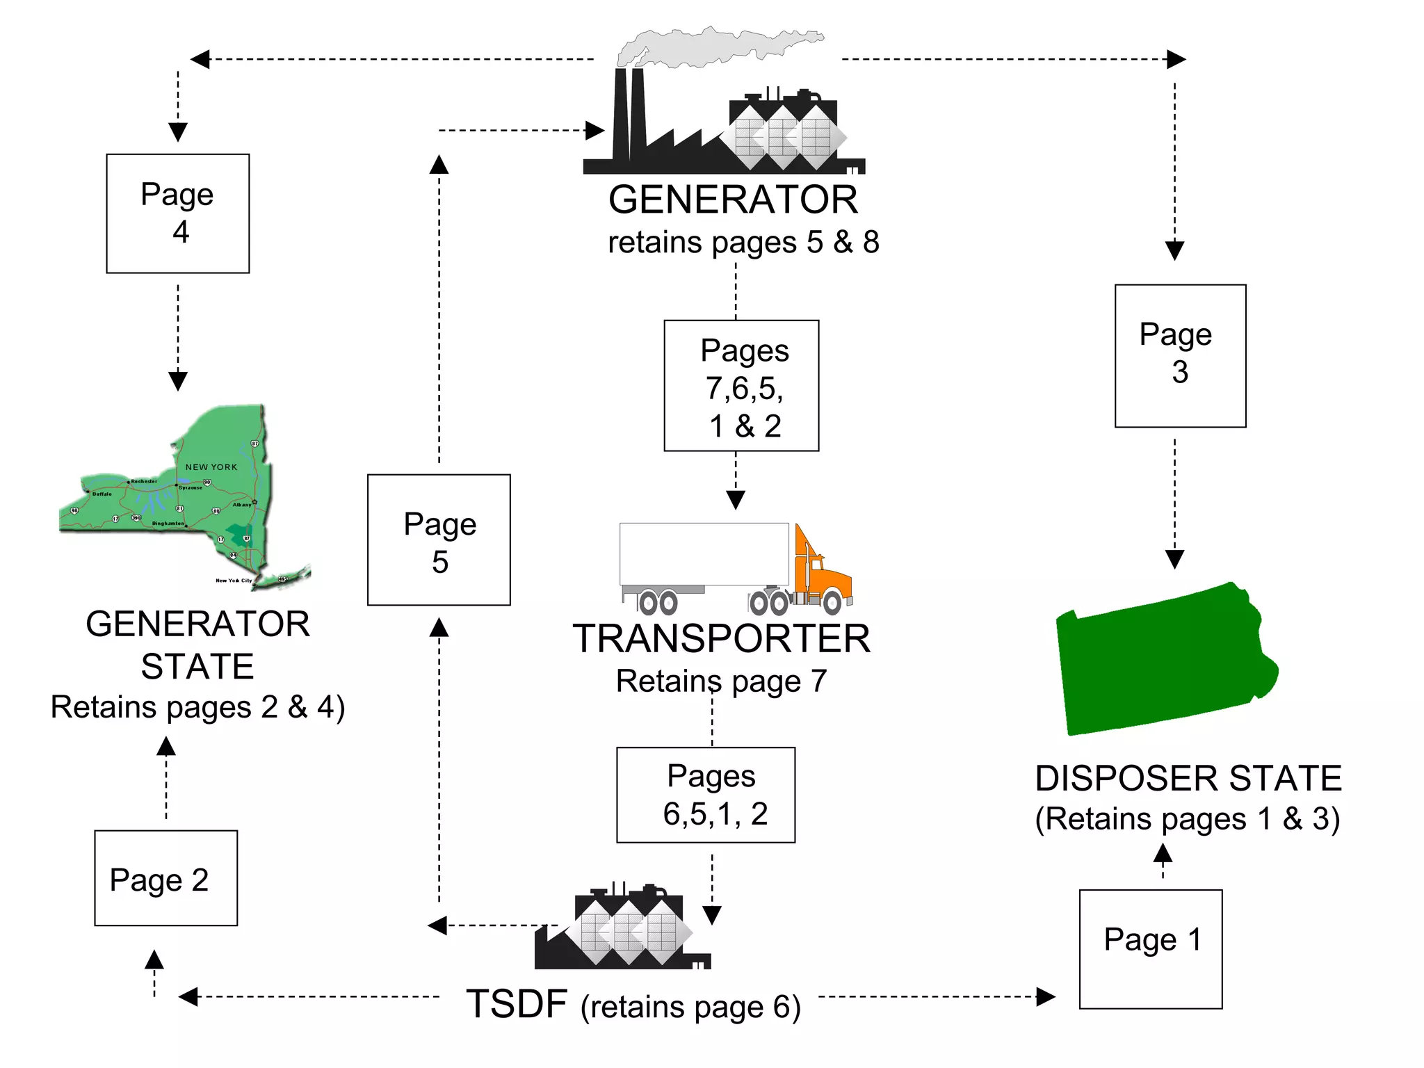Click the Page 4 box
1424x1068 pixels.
[x=177, y=213]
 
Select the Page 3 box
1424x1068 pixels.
[x=1180, y=355]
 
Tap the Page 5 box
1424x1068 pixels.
[x=439, y=540]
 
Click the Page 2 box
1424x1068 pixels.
[x=165, y=877]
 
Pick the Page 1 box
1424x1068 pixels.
[x=1150, y=948]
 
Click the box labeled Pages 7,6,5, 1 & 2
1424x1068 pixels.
[x=741, y=386]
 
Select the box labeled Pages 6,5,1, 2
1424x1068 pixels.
[x=706, y=795]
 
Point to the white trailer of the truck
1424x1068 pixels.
[x=704, y=554]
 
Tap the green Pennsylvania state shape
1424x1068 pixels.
[x=1161, y=661]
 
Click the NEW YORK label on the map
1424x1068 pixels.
[x=211, y=467]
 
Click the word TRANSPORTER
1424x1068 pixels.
[x=721, y=638]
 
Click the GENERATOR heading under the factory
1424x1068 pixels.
[x=733, y=200]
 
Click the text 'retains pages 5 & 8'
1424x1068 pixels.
[x=743, y=243]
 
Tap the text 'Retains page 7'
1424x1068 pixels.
[x=721, y=681]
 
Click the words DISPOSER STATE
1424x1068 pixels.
[x=1188, y=778]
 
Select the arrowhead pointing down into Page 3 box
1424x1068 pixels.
[x=1174, y=250]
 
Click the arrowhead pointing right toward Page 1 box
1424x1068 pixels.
[x=1045, y=996]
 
